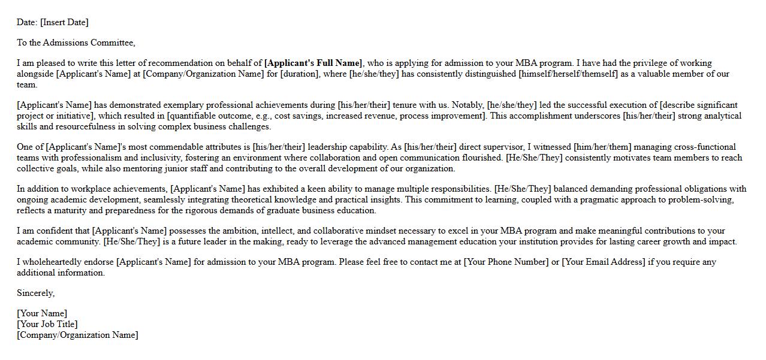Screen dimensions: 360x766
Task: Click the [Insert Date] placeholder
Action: tap(64, 22)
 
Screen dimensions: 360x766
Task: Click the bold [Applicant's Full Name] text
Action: tap(313, 63)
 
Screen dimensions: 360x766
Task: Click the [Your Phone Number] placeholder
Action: tap(506, 262)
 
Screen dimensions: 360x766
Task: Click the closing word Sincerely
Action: tap(35, 293)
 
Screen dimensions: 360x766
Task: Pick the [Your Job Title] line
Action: tap(47, 324)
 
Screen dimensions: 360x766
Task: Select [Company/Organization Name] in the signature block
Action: tap(77, 335)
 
